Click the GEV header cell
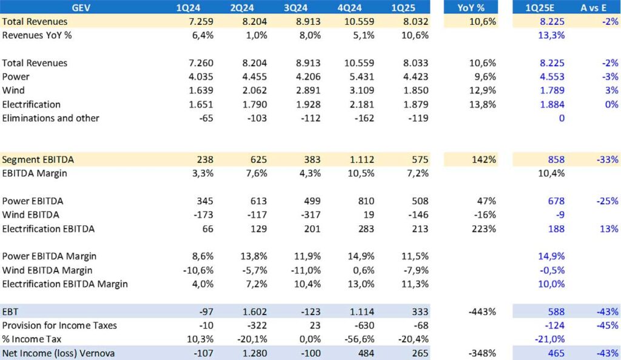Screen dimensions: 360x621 [x=81, y=7]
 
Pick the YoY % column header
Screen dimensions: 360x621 [x=471, y=7]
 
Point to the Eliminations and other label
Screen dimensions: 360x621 [x=50, y=118]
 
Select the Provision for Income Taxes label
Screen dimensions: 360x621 [x=59, y=325]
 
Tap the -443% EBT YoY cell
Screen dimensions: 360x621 [x=482, y=312]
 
